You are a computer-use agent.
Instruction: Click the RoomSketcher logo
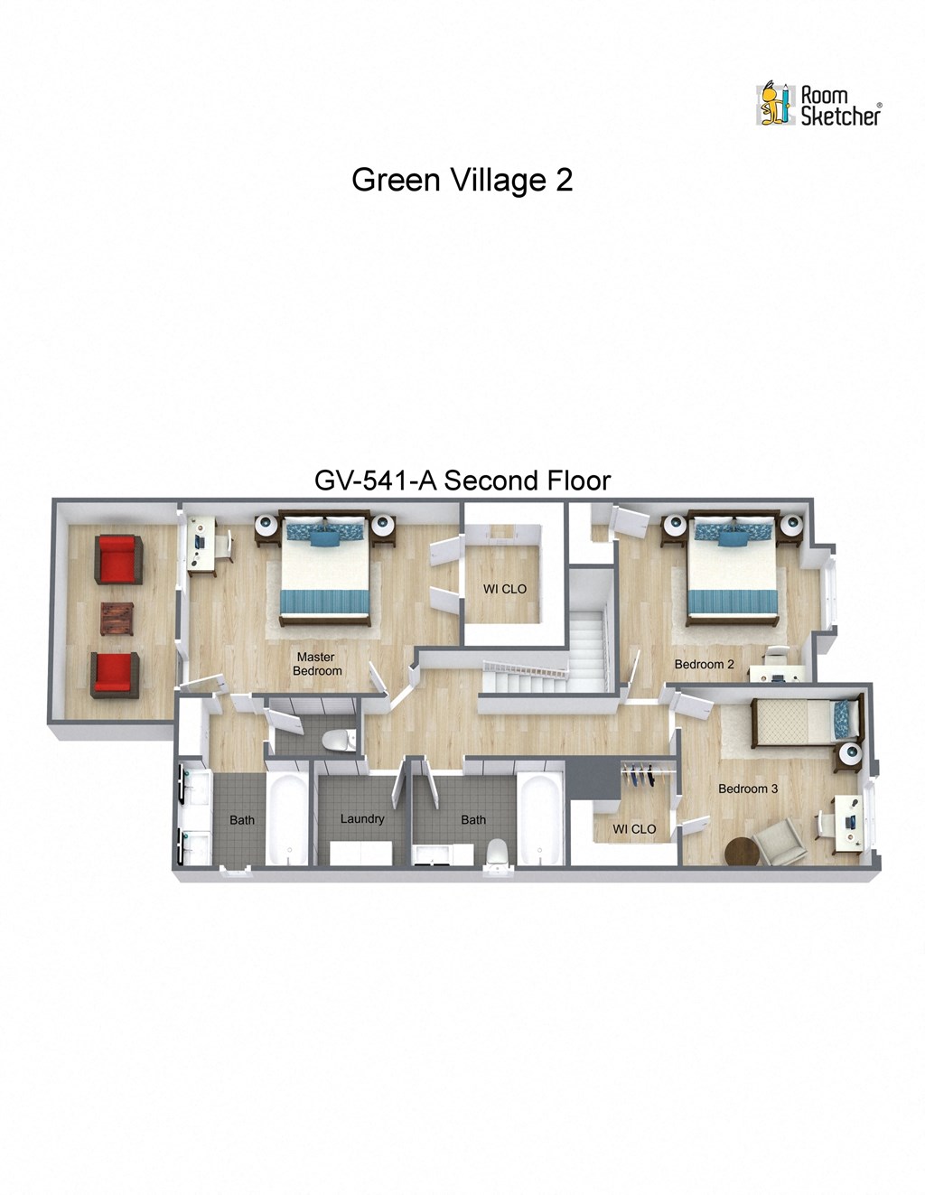point(818,105)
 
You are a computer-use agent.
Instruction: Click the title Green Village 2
point(462,180)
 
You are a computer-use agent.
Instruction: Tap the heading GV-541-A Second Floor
point(462,481)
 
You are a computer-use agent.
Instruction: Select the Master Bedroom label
point(316,664)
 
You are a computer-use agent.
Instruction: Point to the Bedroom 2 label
point(704,665)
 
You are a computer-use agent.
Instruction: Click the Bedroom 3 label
point(747,789)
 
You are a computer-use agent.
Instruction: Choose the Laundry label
point(362,818)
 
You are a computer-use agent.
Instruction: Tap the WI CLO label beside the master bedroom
point(504,589)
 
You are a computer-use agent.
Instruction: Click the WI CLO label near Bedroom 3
point(634,829)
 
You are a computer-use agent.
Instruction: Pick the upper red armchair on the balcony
point(118,559)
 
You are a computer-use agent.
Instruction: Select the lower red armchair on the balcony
point(115,675)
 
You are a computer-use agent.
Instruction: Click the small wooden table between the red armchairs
point(117,619)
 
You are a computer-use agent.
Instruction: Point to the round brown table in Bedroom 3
point(743,852)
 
